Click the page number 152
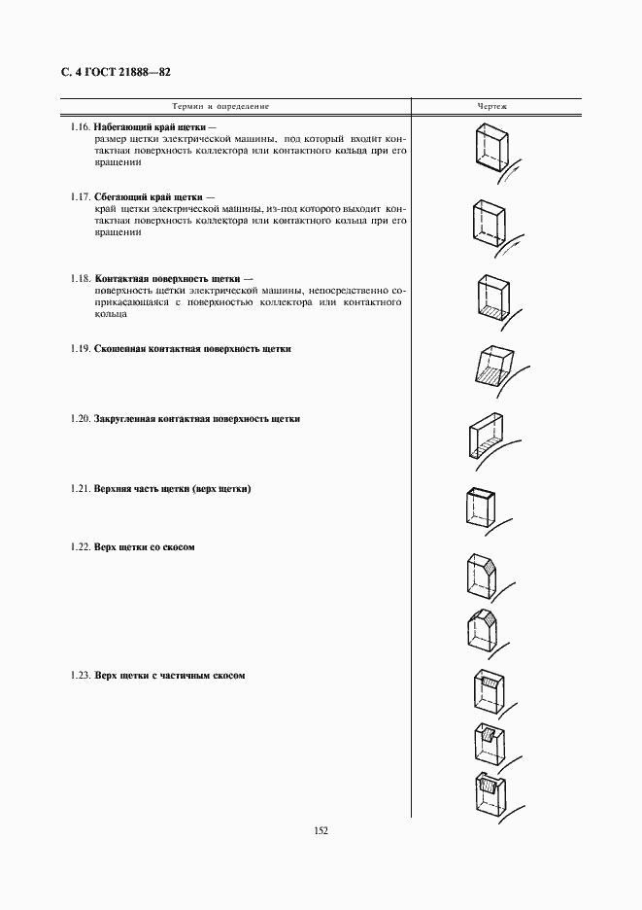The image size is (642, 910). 321,831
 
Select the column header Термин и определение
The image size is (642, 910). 220,105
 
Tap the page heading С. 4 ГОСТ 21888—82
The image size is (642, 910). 115,72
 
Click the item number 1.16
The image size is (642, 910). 81,127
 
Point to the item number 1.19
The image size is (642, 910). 81,348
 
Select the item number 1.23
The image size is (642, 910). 81,676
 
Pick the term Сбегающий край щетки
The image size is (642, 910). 148,197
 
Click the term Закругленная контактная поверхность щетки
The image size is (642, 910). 197,419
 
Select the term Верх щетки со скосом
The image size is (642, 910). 145,547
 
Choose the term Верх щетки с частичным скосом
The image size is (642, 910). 169,676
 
